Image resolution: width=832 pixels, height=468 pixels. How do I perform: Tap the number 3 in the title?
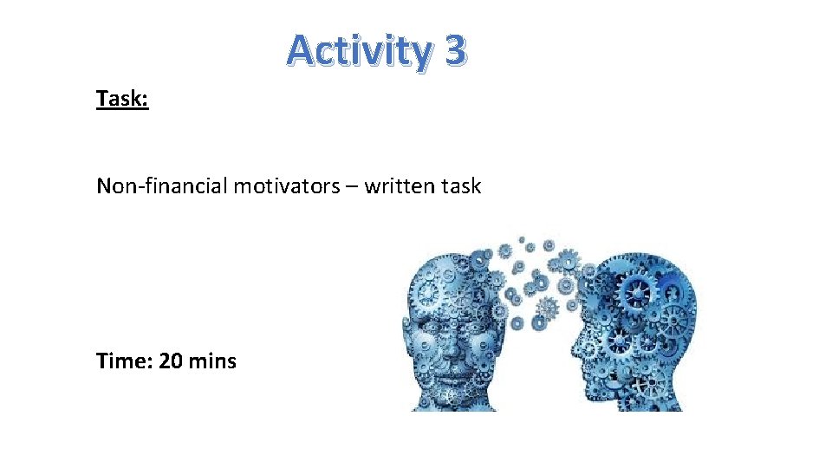pyautogui.click(x=454, y=50)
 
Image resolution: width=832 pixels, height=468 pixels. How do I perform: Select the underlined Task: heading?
pyautogui.click(x=122, y=99)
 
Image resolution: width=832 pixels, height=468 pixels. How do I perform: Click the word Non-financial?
pyautogui.click(x=162, y=185)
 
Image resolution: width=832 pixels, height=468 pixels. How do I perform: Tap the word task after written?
pyautogui.click(x=460, y=185)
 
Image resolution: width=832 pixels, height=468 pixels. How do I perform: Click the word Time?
pyautogui.click(x=125, y=361)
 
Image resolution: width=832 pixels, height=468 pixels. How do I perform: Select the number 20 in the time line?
pyautogui.click(x=172, y=361)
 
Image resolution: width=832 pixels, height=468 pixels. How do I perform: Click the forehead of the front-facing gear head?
pyautogui.click(x=451, y=277)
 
